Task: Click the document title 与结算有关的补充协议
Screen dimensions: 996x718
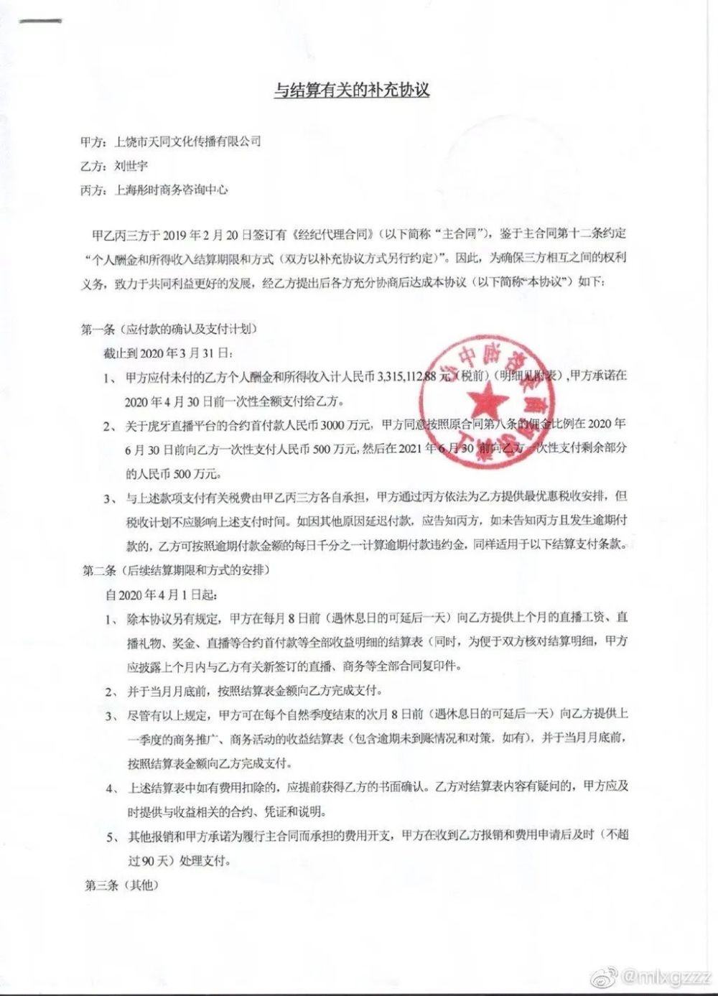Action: [352, 91]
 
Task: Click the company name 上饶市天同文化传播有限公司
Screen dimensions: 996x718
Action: [188, 141]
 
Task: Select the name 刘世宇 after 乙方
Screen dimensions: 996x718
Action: [131, 166]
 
